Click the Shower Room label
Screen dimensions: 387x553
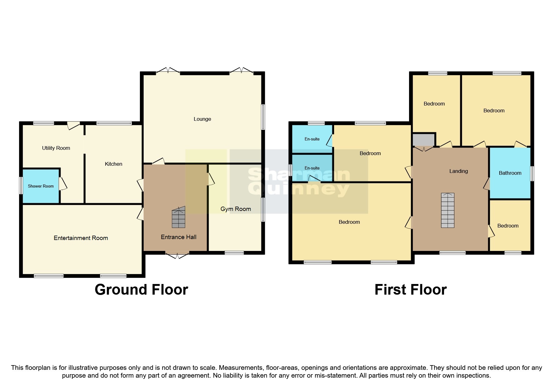41,186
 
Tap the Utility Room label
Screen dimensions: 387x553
56,148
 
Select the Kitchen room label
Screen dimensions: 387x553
113,164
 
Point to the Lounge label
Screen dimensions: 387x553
202,119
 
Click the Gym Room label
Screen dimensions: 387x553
235,209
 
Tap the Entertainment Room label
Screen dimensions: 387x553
81,238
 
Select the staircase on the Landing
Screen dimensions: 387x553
447,210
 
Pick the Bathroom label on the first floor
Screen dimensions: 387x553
510,173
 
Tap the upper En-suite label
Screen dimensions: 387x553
312,139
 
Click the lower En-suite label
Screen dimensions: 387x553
312,168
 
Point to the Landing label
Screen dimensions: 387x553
458,171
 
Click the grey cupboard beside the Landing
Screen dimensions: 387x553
423,140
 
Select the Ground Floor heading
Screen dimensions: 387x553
141,289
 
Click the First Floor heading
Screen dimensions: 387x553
410,289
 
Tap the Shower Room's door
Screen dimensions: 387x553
62,184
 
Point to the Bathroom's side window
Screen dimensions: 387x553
532,174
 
